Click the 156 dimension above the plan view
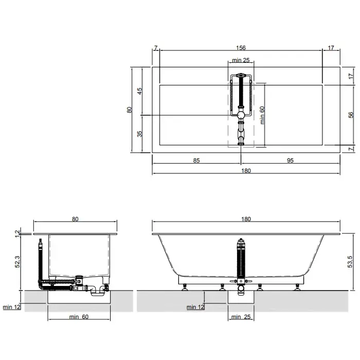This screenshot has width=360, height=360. pos(241,48)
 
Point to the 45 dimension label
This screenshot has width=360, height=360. pos(139,91)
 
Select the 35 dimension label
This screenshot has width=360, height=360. pos(139,134)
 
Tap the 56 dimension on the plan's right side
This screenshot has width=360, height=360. pos(351,115)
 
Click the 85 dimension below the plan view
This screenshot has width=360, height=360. pos(196,160)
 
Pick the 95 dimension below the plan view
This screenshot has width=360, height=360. pos(290,160)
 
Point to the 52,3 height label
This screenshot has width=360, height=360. pos(17,262)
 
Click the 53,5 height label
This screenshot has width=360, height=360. pos(350,262)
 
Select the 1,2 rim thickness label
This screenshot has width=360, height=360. pos(17,234)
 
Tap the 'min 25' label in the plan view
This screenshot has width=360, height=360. pos(241,60)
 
